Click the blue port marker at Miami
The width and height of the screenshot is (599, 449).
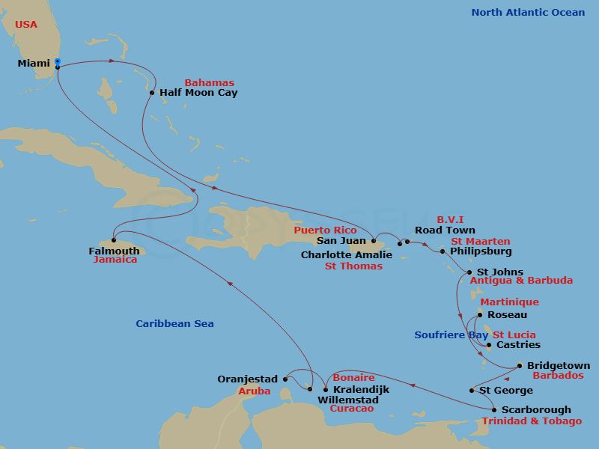(x=58, y=64)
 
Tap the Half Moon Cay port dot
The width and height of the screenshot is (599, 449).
(x=152, y=94)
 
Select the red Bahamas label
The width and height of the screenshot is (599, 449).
(x=209, y=83)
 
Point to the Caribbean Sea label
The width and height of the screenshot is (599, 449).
(x=174, y=324)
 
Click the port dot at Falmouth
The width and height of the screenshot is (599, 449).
(x=114, y=240)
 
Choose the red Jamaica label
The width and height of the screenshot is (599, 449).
(x=115, y=260)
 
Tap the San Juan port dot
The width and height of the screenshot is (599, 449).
(x=372, y=241)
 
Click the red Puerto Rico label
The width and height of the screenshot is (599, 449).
(x=325, y=230)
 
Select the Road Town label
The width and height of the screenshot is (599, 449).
(x=445, y=230)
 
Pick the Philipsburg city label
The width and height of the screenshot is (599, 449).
(x=481, y=252)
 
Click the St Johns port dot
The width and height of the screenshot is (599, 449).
(x=469, y=272)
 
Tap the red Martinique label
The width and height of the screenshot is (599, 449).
(x=508, y=302)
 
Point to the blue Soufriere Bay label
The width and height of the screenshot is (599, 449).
(x=451, y=335)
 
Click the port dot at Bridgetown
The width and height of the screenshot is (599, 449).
(x=520, y=366)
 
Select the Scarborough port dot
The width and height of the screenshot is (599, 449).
(x=494, y=409)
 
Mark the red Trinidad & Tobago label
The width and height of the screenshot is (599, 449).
(x=532, y=421)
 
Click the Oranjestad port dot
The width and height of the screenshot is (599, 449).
(x=285, y=379)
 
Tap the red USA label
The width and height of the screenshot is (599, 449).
(x=26, y=25)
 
